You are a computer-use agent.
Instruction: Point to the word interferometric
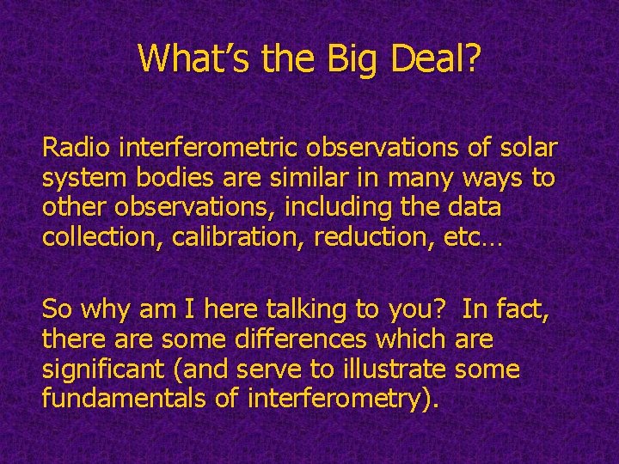[x=203, y=148]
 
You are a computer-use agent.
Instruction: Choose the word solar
[x=525, y=148]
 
